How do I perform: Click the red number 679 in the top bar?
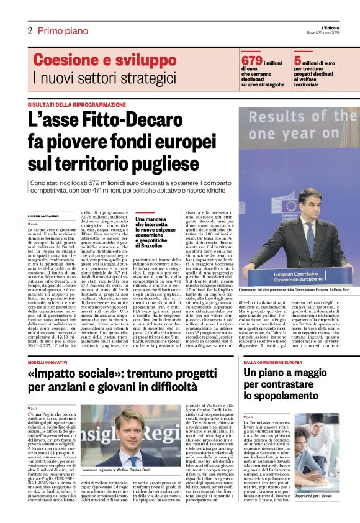click(x=252, y=61)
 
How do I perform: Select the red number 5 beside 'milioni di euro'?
click(x=298, y=61)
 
